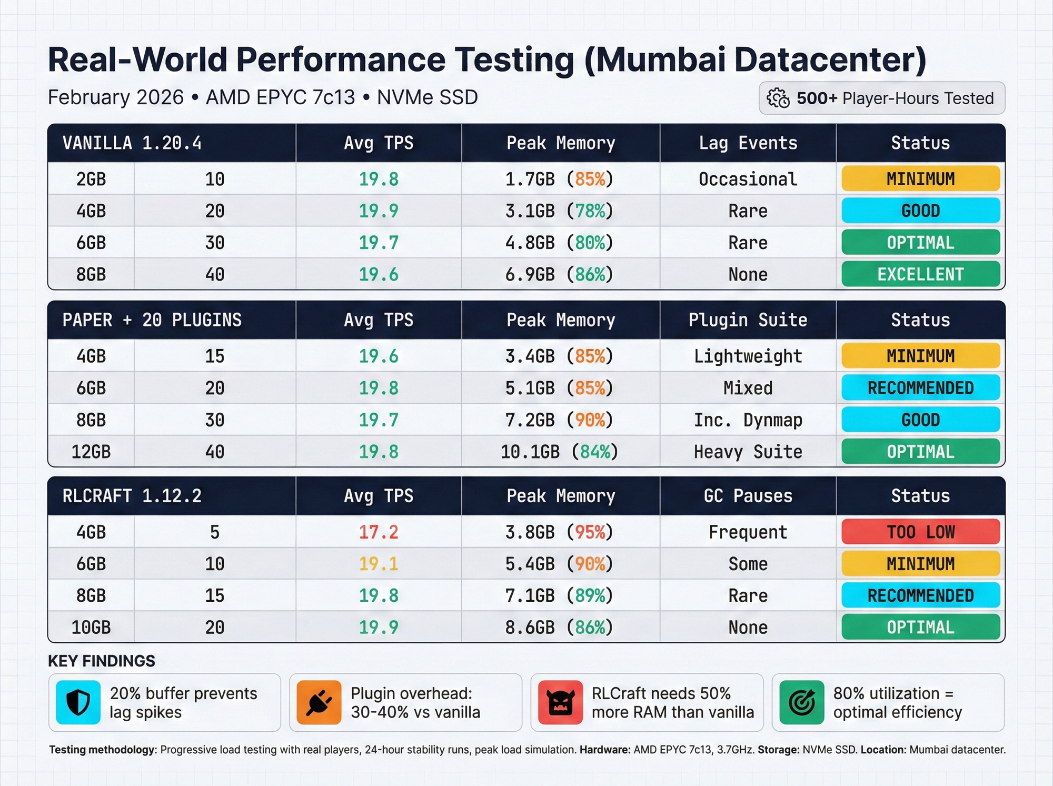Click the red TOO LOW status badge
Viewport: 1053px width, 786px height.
pos(920,532)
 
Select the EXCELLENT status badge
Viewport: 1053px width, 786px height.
pos(920,274)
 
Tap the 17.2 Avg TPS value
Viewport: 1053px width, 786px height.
pos(379,532)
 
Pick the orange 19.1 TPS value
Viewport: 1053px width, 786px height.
pos(379,564)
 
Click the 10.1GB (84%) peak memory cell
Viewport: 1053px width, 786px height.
pos(559,452)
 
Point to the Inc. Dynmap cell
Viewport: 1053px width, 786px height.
pos(748,420)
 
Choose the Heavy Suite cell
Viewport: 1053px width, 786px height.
pos(748,452)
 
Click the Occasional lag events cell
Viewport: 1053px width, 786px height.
pos(748,179)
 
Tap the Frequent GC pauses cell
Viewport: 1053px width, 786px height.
pos(748,532)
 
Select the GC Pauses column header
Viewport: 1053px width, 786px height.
pos(748,496)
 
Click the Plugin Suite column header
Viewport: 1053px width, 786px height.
pos(748,320)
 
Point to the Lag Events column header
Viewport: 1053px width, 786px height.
pos(748,143)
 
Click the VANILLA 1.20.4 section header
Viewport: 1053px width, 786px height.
pos(132,143)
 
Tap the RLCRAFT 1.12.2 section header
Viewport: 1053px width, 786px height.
pos(132,496)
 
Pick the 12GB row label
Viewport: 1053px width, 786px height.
pos(91,452)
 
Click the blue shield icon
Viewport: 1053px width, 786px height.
pos(78,702)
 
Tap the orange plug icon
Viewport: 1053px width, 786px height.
pos(319,702)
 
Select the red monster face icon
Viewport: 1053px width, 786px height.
pos(560,702)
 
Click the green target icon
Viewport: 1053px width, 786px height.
pos(801,702)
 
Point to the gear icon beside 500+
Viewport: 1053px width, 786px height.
pos(778,98)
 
